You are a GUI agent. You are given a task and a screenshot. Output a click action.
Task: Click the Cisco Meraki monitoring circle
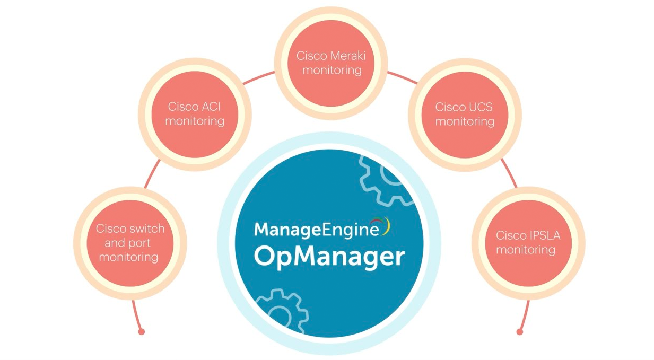point(330,63)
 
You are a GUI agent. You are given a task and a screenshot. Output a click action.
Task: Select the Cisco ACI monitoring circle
point(195,114)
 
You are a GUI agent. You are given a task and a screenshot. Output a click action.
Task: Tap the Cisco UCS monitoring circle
point(464,114)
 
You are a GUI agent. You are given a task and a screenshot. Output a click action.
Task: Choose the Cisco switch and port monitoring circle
point(129,243)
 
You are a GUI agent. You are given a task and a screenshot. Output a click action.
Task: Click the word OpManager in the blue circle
point(329,256)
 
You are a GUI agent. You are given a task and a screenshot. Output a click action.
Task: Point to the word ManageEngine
point(317,229)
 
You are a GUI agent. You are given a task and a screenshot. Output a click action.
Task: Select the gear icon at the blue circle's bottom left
point(281,313)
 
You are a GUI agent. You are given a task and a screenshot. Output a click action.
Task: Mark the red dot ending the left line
point(141,332)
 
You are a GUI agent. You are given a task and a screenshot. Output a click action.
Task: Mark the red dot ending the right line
point(520,332)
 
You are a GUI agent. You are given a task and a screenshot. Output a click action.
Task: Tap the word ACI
point(210,107)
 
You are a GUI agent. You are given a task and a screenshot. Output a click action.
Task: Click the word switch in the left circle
point(146,229)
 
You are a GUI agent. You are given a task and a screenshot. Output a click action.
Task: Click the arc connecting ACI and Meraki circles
point(258,77)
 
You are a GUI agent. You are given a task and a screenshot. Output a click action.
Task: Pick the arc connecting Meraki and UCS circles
point(402,77)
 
